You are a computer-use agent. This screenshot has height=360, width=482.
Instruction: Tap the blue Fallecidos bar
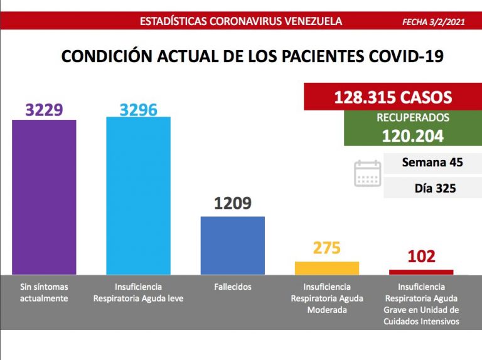point(232,245)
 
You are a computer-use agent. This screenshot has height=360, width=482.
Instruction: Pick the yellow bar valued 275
point(326,268)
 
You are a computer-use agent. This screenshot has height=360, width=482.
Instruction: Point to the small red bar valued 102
point(420,272)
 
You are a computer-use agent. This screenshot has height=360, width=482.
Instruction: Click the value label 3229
point(44,110)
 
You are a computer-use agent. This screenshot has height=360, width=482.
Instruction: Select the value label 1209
point(232,203)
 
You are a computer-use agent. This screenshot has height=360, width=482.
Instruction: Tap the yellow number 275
point(326,248)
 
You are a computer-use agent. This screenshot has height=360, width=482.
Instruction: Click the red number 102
point(420,257)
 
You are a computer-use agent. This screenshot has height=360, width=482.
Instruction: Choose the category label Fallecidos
point(232,287)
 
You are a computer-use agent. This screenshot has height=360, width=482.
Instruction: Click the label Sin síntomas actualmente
point(44,292)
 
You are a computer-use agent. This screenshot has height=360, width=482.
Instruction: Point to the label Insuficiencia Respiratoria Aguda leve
point(138,292)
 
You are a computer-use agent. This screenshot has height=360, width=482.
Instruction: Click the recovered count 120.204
point(412,135)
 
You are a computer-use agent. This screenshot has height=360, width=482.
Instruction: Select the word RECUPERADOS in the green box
point(412,118)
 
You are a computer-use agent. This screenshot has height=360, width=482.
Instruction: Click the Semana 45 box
point(432,162)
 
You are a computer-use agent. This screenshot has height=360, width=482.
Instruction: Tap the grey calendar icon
point(367,173)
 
